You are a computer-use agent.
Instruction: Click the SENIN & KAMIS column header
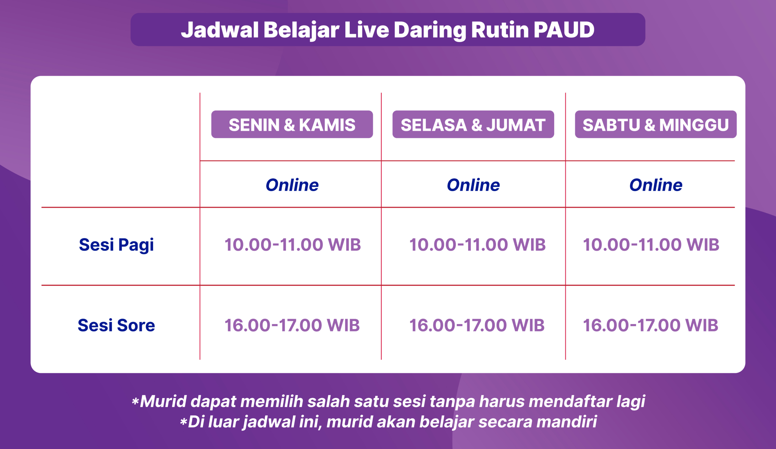click(x=292, y=124)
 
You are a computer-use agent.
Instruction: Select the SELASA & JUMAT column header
click(x=473, y=124)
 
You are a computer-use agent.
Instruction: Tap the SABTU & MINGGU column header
click(x=656, y=124)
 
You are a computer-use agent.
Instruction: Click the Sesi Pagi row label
click(x=116, y=245)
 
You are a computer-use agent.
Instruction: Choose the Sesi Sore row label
click(x=116, y=325)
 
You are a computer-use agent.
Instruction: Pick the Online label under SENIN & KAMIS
click(x=292, y=185)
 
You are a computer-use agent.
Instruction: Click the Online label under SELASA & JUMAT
click(x=473, y=185)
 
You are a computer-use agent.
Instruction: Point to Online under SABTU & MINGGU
click(x=656, y=185)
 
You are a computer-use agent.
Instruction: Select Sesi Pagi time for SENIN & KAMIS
click(x=292, y=245)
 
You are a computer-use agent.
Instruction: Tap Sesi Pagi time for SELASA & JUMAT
click(x=477, y=245)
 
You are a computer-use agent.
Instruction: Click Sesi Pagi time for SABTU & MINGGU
click(x=651, y=245)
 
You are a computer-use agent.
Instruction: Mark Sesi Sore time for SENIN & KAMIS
click(x=292, y=325)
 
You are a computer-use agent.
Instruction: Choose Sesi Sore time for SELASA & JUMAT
click(x=477, y=325)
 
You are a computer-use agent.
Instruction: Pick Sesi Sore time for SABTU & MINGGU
click(x=650, y=325)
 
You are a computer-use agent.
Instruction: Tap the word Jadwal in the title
click(x=220, y=30)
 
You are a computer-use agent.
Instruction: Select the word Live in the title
click(x=367, y=30)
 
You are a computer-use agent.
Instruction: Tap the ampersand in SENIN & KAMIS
click(x=289, y=125)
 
